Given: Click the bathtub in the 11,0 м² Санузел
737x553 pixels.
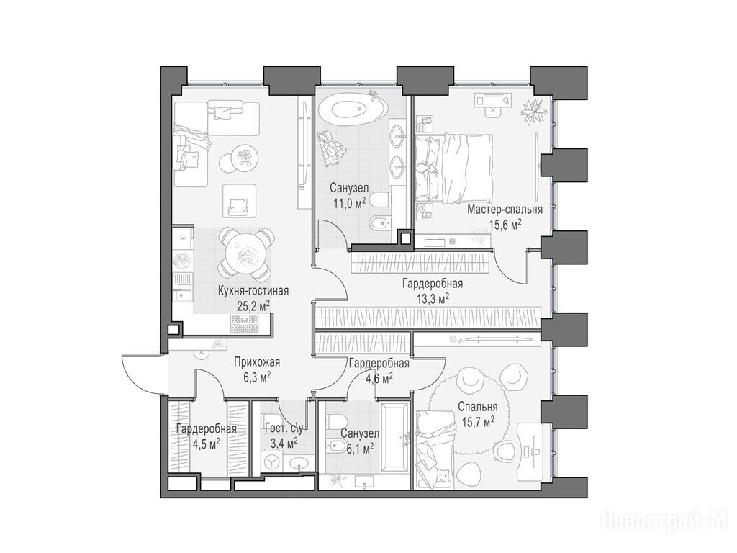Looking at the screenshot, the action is coord(353,109).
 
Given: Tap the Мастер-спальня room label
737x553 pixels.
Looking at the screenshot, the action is coord(505,210).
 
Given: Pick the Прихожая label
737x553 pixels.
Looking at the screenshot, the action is coord(257,362).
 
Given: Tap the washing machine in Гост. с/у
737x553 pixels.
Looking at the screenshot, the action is coord(271,462).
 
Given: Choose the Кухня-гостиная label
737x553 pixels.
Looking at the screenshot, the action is coord(253,291).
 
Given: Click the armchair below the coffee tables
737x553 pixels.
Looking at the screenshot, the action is coord(240,201).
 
